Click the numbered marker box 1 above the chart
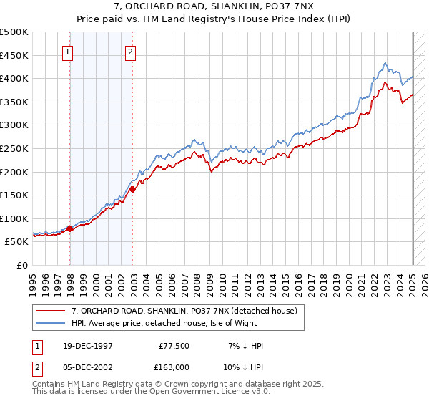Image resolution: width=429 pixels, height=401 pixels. click(67, 51)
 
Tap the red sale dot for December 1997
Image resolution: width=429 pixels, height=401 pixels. click(70, 229)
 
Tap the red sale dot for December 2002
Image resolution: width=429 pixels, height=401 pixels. click(133, 190)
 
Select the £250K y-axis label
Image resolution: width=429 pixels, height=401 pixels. click(14, 148)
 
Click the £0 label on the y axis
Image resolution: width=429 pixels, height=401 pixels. click(22, 265)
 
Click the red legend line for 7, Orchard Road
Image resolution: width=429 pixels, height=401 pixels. click(50, 310)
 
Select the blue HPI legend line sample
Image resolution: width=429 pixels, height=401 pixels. click(50, 324)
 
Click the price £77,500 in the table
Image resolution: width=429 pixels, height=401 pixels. click(174, 346)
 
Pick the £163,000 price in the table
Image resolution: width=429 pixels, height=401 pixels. click(174, 367)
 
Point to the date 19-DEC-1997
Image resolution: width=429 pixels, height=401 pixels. click(84, 346)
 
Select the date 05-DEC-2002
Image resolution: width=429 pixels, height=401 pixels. click(84, 367)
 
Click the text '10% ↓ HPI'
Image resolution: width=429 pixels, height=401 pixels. click(243, 367)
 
